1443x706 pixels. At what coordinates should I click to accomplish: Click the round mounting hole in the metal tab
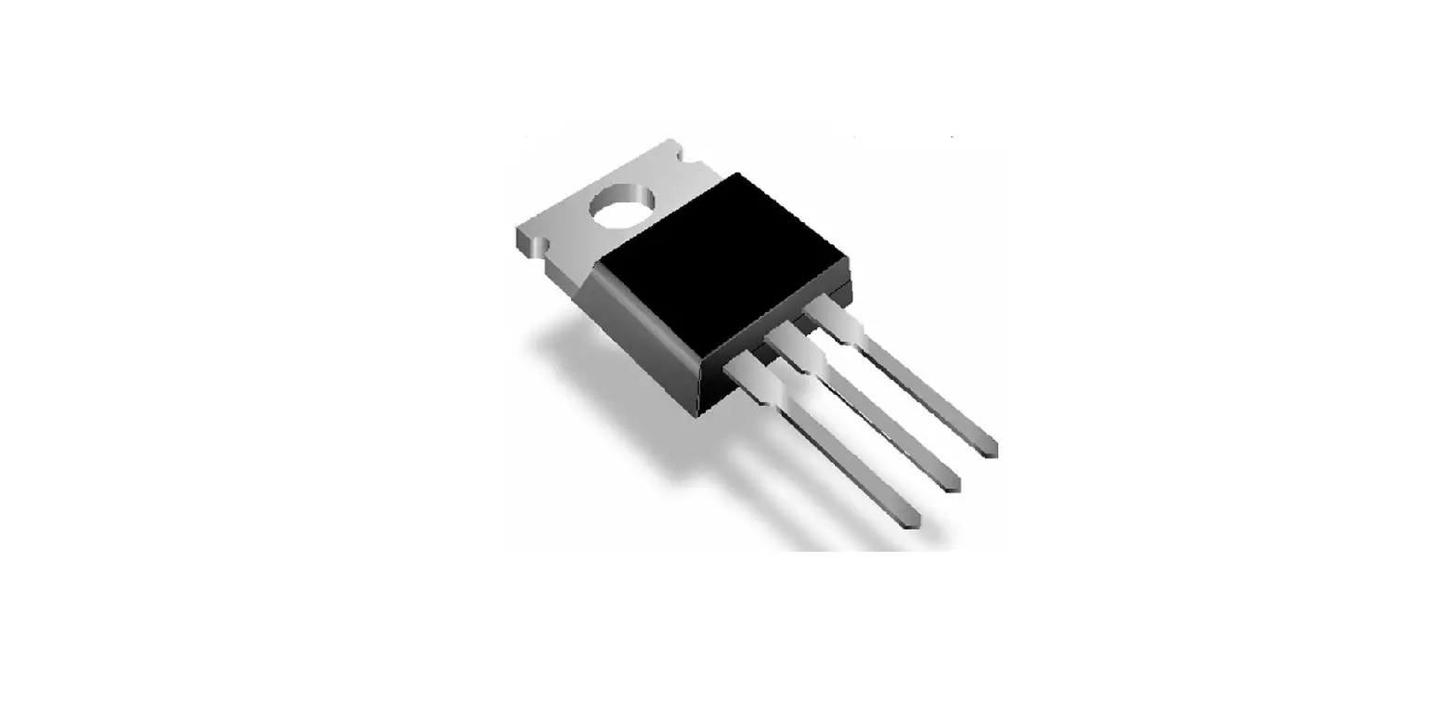pos(622,205)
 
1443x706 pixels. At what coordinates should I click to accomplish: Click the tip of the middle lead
pos(952,486)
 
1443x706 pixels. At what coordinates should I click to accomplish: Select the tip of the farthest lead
pos(990,451)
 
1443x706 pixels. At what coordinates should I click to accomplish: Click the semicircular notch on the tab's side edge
pos(540,247)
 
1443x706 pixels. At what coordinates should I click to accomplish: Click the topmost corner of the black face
pos(737,174)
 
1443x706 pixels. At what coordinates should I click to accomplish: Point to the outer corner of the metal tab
pos(518,229)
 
